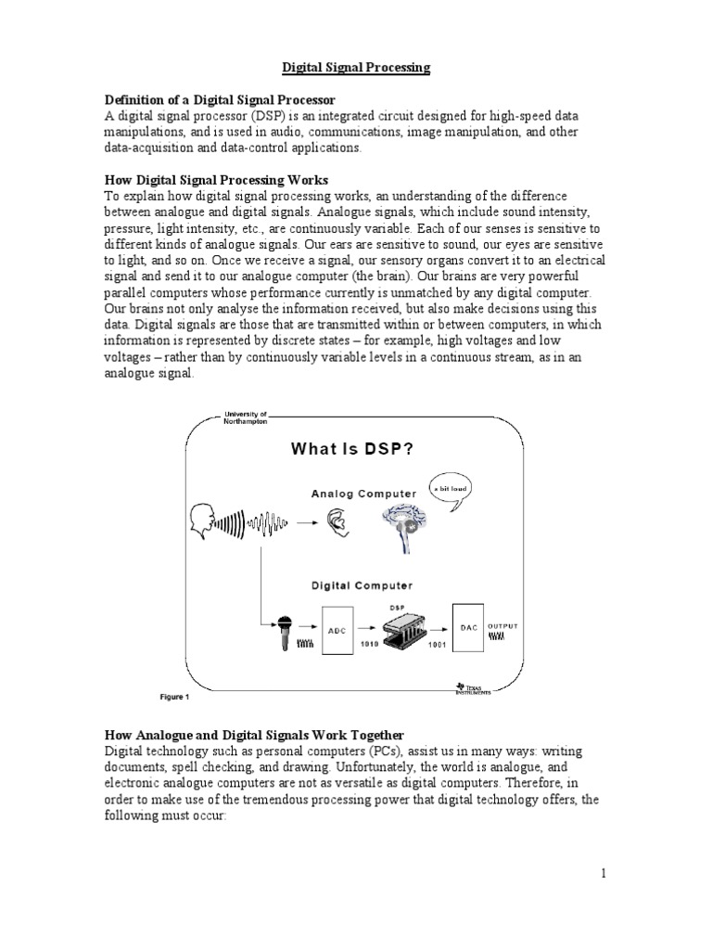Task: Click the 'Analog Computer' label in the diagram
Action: (363, 494)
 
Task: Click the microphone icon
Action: (279, 635)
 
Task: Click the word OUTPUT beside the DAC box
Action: (504, 626)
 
